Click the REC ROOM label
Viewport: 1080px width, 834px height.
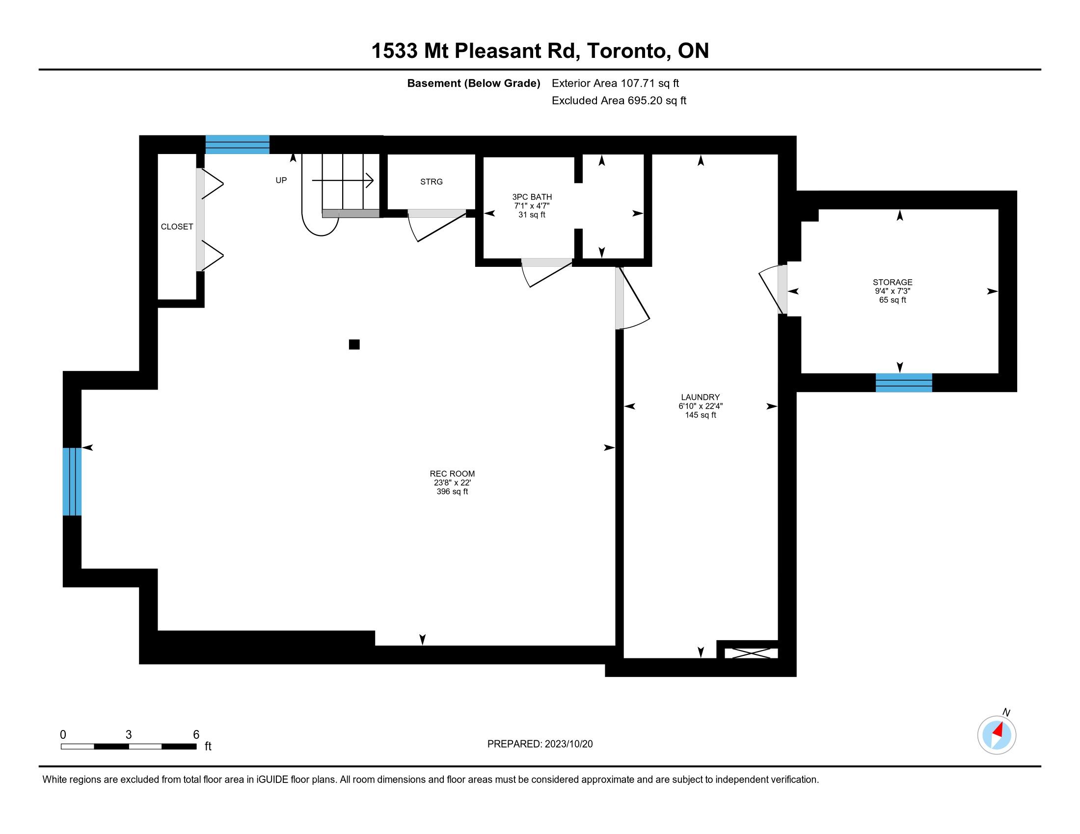pyautogui.click(x=452, y=473)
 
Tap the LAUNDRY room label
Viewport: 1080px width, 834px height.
pyautogui.click(x=700, y=397)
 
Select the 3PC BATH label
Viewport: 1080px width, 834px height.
pyautogui.click(x=532, y=197)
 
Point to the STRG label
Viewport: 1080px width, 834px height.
pyautogui.click(x=431, y=182)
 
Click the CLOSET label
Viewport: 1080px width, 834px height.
pyautogui.click(x=177, y=226)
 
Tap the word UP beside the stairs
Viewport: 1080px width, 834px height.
pyautogui.click(x=281, y=181)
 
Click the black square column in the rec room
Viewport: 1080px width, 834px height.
pyautogui.click(x=354, y=344)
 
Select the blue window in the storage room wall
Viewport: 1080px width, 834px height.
pyautogui.click(x=903, y=383)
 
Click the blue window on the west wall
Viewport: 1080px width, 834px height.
pyautogui.click(x=72, y=481)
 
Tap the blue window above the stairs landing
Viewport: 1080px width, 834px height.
pyautogui.click(x=238, y=144)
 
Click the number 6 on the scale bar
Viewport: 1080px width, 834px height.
pyautogui.click(x=196, y=734)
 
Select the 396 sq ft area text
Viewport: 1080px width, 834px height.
pyautogui.click(x=452, y=492)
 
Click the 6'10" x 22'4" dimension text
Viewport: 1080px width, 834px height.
pyautogui.click(x=700, y=406)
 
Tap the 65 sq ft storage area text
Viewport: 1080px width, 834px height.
pyautogui.click(x=892, y=300)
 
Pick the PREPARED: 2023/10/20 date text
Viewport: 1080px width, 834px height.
pyautogui.click(x=540, y=744)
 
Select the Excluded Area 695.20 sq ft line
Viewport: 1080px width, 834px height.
pyautogui.click(x=619, y=101)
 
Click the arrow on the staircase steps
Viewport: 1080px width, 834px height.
pyautogui.click(x=342, y=181)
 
